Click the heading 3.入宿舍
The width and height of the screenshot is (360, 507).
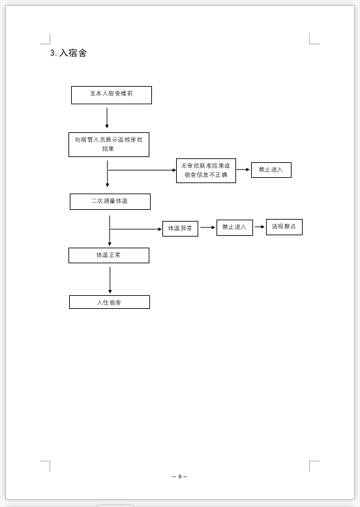pos(68,53)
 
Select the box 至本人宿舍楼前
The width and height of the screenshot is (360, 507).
pos(112,95)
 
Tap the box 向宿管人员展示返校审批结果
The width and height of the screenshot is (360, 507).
pos(109,145)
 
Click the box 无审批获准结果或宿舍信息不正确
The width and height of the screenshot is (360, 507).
pos(205,171)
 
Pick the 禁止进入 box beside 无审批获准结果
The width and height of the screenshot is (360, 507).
pos(271,170)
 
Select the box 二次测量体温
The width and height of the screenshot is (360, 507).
pos(110,202)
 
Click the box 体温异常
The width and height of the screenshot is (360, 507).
pos(180,229)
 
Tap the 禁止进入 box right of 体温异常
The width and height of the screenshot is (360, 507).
pos(235,227)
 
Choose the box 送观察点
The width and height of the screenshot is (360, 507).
pos(284,227)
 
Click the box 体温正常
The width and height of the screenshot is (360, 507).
pos(109,255)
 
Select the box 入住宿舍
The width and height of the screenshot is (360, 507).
pos(110,302)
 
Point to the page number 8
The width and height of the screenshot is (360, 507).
pos(180,476)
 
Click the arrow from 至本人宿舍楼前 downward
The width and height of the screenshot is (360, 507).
pos(107,118)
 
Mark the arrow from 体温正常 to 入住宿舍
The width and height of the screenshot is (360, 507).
pos(110,280)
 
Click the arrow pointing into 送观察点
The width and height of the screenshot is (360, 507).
pos(260,227)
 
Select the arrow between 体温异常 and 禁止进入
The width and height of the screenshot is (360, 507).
pos(207,227)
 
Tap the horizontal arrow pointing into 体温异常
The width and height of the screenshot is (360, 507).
pos(136,229)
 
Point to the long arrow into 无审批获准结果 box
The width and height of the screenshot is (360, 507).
pos(142,170)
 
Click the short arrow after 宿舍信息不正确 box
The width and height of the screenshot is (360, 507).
pos(243,169)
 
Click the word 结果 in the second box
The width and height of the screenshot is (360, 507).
pos(108,149)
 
